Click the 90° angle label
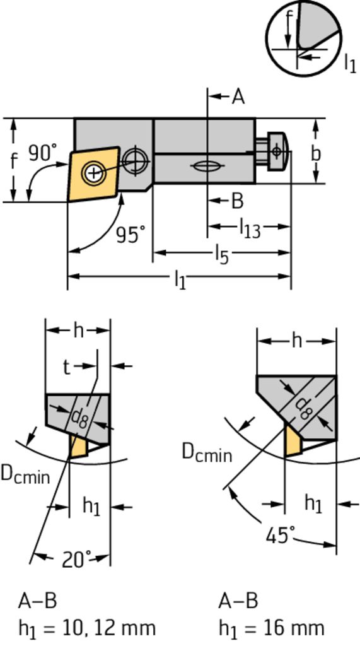click(x=43, y=153)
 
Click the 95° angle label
click(x=131, y=235)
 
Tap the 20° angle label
click(x=77, y=560)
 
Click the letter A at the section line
click(x=238, y=97)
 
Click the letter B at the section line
click(x=237, y=201)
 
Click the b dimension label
click(x=315, y=153)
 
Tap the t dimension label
click(x=66, y=367)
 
